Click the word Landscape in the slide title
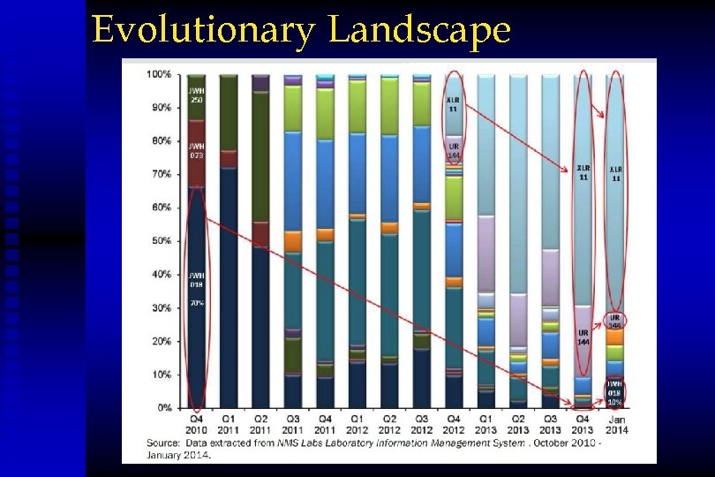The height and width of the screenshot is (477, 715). click(419, 30)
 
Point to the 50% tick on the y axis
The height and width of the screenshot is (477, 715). click(159, 241)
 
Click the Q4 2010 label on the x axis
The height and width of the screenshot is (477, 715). click(196, 424)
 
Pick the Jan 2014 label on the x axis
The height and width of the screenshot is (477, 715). click(615, 424)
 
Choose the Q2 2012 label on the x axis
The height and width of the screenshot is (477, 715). click(389, 424)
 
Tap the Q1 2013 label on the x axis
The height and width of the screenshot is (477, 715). click(486, 424)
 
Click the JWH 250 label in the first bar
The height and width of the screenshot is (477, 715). click(196, 95)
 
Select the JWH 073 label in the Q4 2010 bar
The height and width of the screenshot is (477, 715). click(196, 150)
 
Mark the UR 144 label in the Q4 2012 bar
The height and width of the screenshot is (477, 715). click(454, 150)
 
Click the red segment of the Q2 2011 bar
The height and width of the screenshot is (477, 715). click(260, 233)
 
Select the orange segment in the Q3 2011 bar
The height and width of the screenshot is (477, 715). click(293, 241)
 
